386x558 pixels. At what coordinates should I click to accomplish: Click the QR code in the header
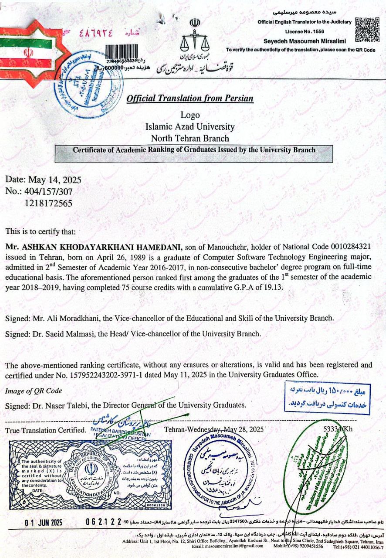pos(365,29)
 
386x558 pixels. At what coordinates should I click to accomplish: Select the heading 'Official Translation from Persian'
pos(190,99)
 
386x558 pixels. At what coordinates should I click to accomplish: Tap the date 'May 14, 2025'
pos(55,180)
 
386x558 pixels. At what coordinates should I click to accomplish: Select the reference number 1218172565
pos(48,203)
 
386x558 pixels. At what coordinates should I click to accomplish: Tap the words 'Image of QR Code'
pos(34,391)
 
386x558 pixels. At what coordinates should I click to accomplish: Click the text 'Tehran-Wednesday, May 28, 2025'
pos(214,429)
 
